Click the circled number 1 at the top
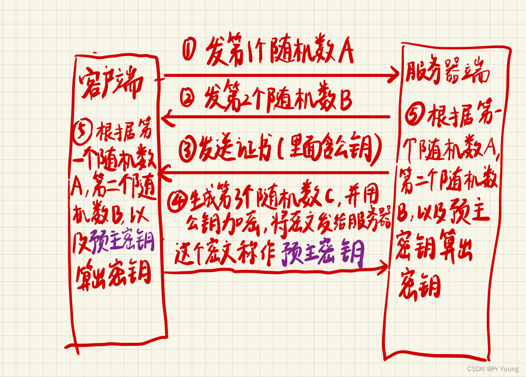click(190, 49)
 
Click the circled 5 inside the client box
click(85, 129)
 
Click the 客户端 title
click(111, 84)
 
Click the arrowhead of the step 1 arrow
click(394, 76)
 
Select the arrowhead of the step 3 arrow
click(164, 170)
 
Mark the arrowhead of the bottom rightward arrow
click(384, 266)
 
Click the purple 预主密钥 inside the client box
click(122, 243)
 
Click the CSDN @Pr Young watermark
click(492, 369)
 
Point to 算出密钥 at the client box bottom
click(113, 275)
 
